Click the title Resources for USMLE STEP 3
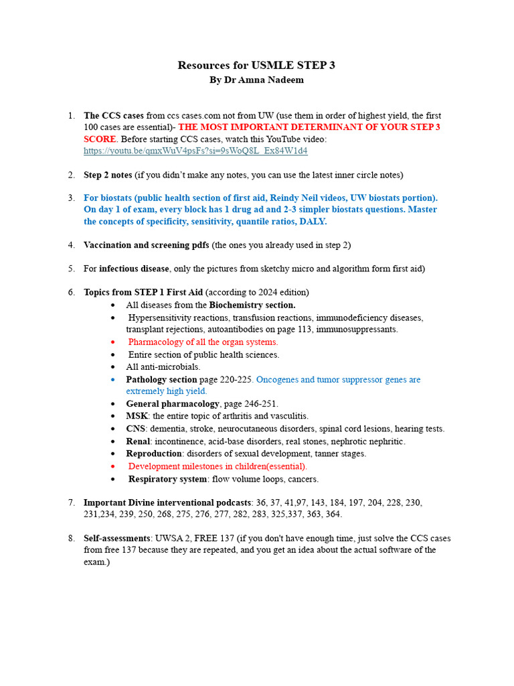click(256, 65)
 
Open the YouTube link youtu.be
click(195, 151)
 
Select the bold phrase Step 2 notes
click(108, 175)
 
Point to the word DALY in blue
click(313, 222)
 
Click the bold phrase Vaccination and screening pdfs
click(147, 245)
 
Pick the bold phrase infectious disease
click(134, 269)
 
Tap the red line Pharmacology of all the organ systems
click(203, 342)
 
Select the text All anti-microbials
click(163, 367)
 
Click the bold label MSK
click(137, 416)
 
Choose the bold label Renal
click(139, 441)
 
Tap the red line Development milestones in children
click(218, 466)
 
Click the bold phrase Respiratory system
click(167, 479)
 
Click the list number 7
click(71, 502)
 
